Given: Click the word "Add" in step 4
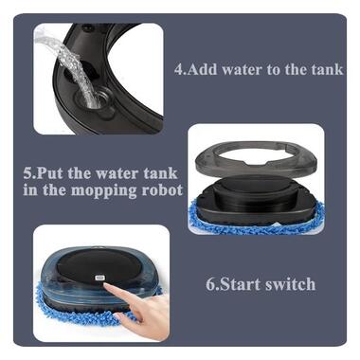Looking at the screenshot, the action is [x=202, y=69].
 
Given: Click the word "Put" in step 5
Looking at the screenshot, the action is [x=50, y=174].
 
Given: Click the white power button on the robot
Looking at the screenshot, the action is [x=99, y=279].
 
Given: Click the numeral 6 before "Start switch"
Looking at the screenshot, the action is [x=210, y=284].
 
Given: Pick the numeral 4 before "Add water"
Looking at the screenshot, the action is [x=178, y=69].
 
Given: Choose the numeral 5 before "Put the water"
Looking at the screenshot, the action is [x=27, y=174].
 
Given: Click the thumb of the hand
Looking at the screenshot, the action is [x=125, y=316].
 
